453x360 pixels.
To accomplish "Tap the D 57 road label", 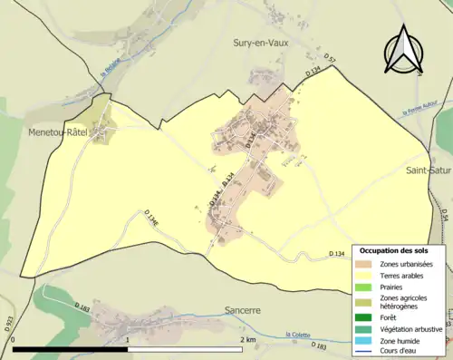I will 331,60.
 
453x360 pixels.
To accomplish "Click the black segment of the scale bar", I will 71,349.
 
